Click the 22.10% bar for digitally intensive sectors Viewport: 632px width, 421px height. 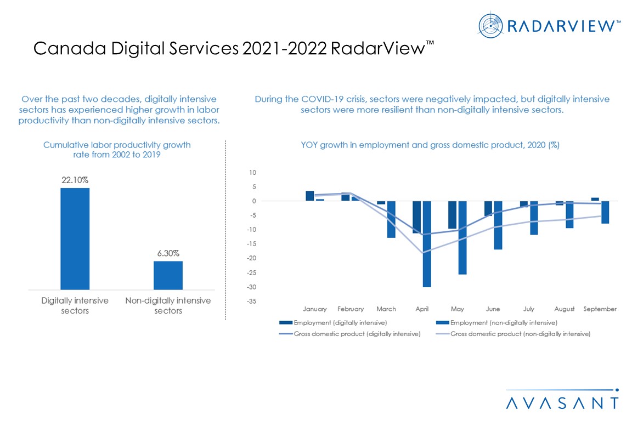(75, 238)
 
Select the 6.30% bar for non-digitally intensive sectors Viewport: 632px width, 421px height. (168, 275)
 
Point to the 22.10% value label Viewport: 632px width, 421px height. (75, 179)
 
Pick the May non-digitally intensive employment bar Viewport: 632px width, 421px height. (462, 238)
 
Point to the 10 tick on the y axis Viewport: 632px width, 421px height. (252, 173)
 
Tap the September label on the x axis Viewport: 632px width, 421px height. (600, 309)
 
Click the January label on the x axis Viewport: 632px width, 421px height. (315, 309)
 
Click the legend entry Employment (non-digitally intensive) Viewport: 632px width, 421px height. (504, 322)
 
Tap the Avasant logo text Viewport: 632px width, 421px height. (562, 403)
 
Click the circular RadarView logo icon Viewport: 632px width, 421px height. (490, 25)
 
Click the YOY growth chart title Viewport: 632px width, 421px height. (431, 145)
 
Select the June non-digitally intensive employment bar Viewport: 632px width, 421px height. (498, 225)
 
